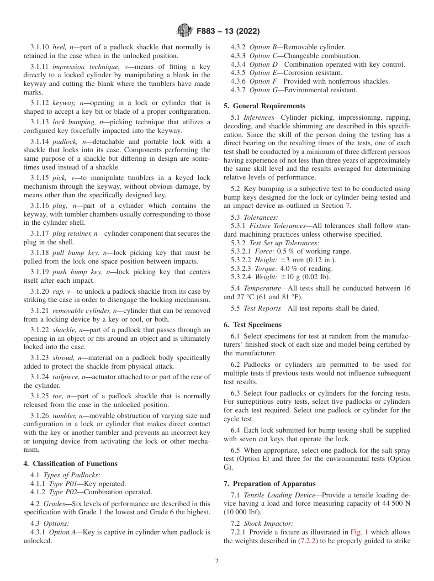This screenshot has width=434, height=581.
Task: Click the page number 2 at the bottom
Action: click(x=217, y=561)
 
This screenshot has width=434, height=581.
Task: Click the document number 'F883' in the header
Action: click(x=206, y=31)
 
